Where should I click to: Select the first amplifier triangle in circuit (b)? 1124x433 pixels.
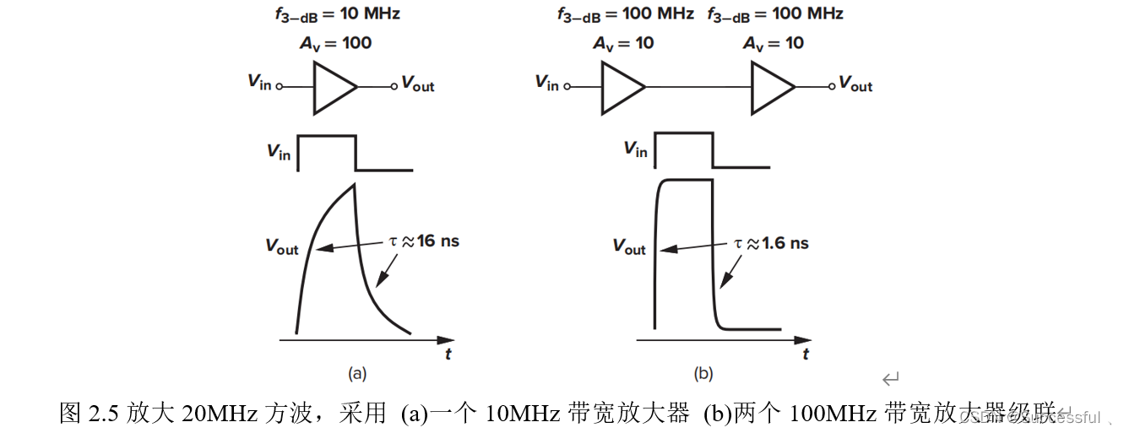[622, 87]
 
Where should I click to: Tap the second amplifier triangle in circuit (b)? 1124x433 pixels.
[771, 87]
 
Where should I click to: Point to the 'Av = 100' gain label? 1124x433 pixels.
[335, 43]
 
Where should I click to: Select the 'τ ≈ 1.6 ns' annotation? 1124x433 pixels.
[770, 243]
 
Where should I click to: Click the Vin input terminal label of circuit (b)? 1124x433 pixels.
[546, 83]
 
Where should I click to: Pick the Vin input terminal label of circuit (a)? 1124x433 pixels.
[259, 83]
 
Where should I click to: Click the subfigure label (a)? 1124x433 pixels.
[357, 372]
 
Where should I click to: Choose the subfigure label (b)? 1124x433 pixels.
[703, 372]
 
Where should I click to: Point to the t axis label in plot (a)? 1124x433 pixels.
[448, 355]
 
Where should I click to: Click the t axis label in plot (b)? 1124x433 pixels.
[806, 355]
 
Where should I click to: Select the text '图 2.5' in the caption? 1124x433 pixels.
[90, 414]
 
